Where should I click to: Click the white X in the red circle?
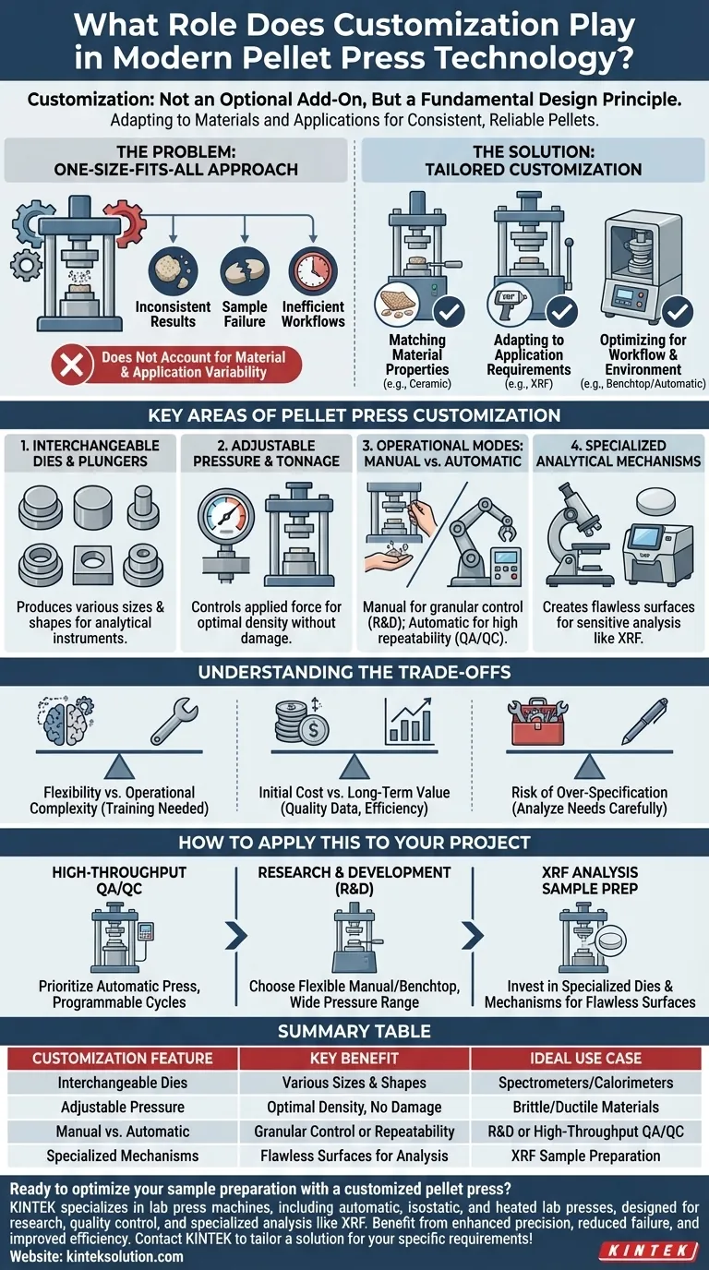tap(70, 365)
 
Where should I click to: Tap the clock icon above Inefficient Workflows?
tap(313, 270)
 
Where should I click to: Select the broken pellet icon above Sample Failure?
tap(245, 270)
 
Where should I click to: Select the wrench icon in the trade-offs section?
tap(174, 720)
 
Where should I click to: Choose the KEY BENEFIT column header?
tap(354, 1058)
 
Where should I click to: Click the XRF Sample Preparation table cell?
tap(586, 1155)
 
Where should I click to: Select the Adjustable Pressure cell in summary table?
tap(123, 1107)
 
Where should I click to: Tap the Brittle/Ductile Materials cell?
tap(586, 1107)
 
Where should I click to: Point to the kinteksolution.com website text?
tap(97, 1256)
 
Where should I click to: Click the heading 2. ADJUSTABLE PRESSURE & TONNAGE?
tap(266, 452)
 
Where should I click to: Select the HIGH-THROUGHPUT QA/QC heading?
tap(119, 880)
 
